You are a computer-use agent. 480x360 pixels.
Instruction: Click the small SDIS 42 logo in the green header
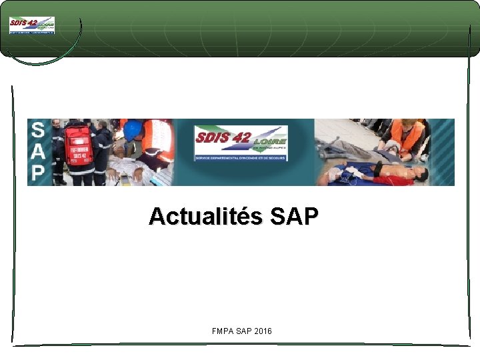[32, 25]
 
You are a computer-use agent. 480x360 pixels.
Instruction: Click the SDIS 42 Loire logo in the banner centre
[241, 143]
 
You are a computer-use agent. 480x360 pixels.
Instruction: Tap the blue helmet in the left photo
[132, 129]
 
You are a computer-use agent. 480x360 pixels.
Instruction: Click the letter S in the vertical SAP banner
[39, 131]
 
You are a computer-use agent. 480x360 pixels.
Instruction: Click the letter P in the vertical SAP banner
[39, 173]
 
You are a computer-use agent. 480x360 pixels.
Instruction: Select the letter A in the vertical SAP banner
[39, 152]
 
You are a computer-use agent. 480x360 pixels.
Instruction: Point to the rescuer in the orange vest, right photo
[406, 137]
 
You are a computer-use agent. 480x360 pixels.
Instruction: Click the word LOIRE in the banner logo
[269, 141]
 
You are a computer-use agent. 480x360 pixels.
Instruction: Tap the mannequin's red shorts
[391, 179]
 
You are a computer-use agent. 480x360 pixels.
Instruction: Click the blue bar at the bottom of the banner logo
[241, 158]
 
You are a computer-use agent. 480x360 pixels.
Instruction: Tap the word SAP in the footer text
[243, 331]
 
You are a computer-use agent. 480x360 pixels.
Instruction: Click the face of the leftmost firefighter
[57, 125]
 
